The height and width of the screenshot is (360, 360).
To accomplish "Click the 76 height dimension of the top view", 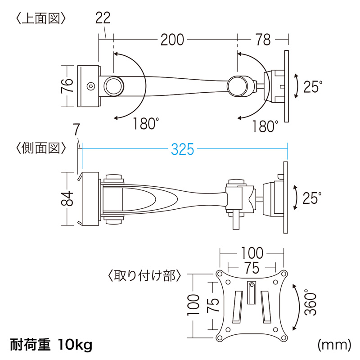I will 67,85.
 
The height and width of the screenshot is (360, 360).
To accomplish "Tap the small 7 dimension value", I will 76,130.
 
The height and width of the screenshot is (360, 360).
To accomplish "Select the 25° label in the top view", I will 312,86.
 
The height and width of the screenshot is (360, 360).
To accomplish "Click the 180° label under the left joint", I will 147,124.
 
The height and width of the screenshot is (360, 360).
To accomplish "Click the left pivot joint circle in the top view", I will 113,85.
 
